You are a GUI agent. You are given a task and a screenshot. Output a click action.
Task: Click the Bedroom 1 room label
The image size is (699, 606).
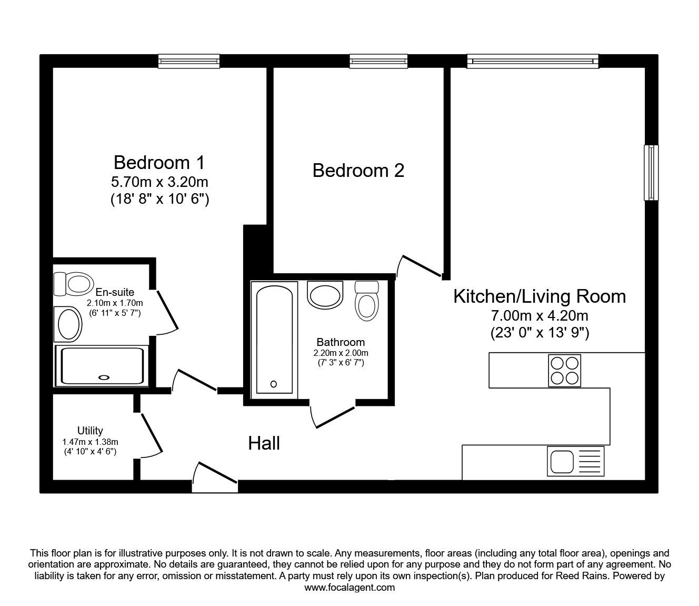[159, 163]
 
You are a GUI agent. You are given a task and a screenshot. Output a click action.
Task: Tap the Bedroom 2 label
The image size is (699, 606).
[358, 171]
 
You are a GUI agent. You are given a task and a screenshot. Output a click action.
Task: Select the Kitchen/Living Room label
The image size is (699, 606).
[540, 296]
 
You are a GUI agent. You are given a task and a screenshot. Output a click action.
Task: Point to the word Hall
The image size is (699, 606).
[264, 443]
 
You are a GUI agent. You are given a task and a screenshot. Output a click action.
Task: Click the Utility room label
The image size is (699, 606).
[90, 430]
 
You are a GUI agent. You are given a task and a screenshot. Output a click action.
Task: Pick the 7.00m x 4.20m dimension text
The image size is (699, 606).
[540, 316]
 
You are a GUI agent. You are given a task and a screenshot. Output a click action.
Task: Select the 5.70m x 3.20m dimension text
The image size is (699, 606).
[159, 182]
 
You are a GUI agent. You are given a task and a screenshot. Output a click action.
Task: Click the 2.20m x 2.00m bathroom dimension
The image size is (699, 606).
[341, 353]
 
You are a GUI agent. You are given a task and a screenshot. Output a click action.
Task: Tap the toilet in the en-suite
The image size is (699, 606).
[74, 284]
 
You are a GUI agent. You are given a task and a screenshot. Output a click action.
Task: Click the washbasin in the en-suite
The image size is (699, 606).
[68, 324]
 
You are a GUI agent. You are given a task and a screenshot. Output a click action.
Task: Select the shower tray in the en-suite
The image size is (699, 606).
[102, 366]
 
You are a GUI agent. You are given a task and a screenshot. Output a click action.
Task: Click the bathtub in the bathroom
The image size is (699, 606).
[274, 340]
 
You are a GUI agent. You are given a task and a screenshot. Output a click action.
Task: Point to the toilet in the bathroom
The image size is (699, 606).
[366, 301]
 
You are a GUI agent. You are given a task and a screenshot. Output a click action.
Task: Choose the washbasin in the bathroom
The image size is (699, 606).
[325, 295]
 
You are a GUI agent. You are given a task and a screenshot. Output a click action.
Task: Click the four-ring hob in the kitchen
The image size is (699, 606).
[564, 371]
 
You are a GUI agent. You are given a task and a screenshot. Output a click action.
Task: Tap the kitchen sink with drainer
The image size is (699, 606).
[575, 461]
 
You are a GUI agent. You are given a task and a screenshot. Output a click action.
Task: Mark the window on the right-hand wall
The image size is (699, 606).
[651, 173]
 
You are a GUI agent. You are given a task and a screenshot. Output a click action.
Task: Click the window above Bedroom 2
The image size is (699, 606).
[378, 61]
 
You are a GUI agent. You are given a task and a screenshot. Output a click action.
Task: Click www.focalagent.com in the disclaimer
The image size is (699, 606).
[349, 588]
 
